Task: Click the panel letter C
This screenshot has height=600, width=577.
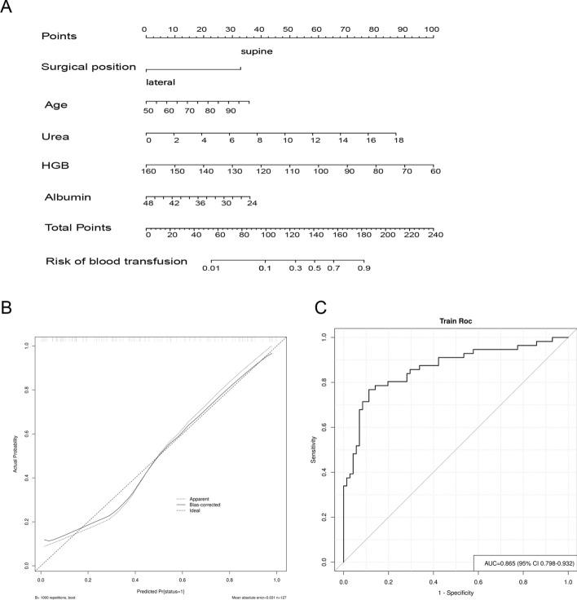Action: pyautogui.click(x=319, y=308)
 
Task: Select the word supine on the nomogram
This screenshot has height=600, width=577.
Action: pyautogui.click(x=256, y=51)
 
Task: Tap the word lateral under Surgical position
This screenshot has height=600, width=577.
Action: pyautogui.click(x=161, y=82)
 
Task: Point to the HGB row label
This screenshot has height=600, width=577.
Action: pyautogui.click(x=55, y=165)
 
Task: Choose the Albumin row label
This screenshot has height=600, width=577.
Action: pyautogui.click(x=68, y=197)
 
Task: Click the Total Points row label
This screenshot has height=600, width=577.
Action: pyautogui.click(x=77, y=227)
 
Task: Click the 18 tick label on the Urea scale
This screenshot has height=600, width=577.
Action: pyautogui.click(x=399, y=141)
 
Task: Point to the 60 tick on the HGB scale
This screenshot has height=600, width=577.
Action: pyautogui.click(x=435, y=171)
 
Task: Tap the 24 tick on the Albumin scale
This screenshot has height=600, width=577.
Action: pyautogui.click(x=252, y=203)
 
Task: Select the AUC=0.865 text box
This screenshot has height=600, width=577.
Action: pyautogui.click(x=523, y=562)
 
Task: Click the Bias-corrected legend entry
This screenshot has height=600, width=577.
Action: pyautogui.click(x=207, y=505)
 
